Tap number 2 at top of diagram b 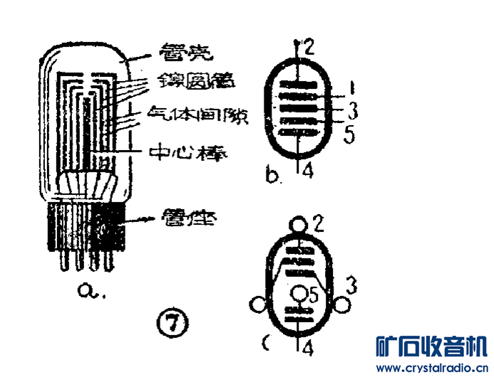click(x=308, y=48)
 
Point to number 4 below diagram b click(x=307, y=171)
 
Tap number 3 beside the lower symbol click(x=350, y=285)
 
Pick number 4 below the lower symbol click(x=307, y=348)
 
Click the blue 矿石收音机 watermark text click(x=432, y=346)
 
